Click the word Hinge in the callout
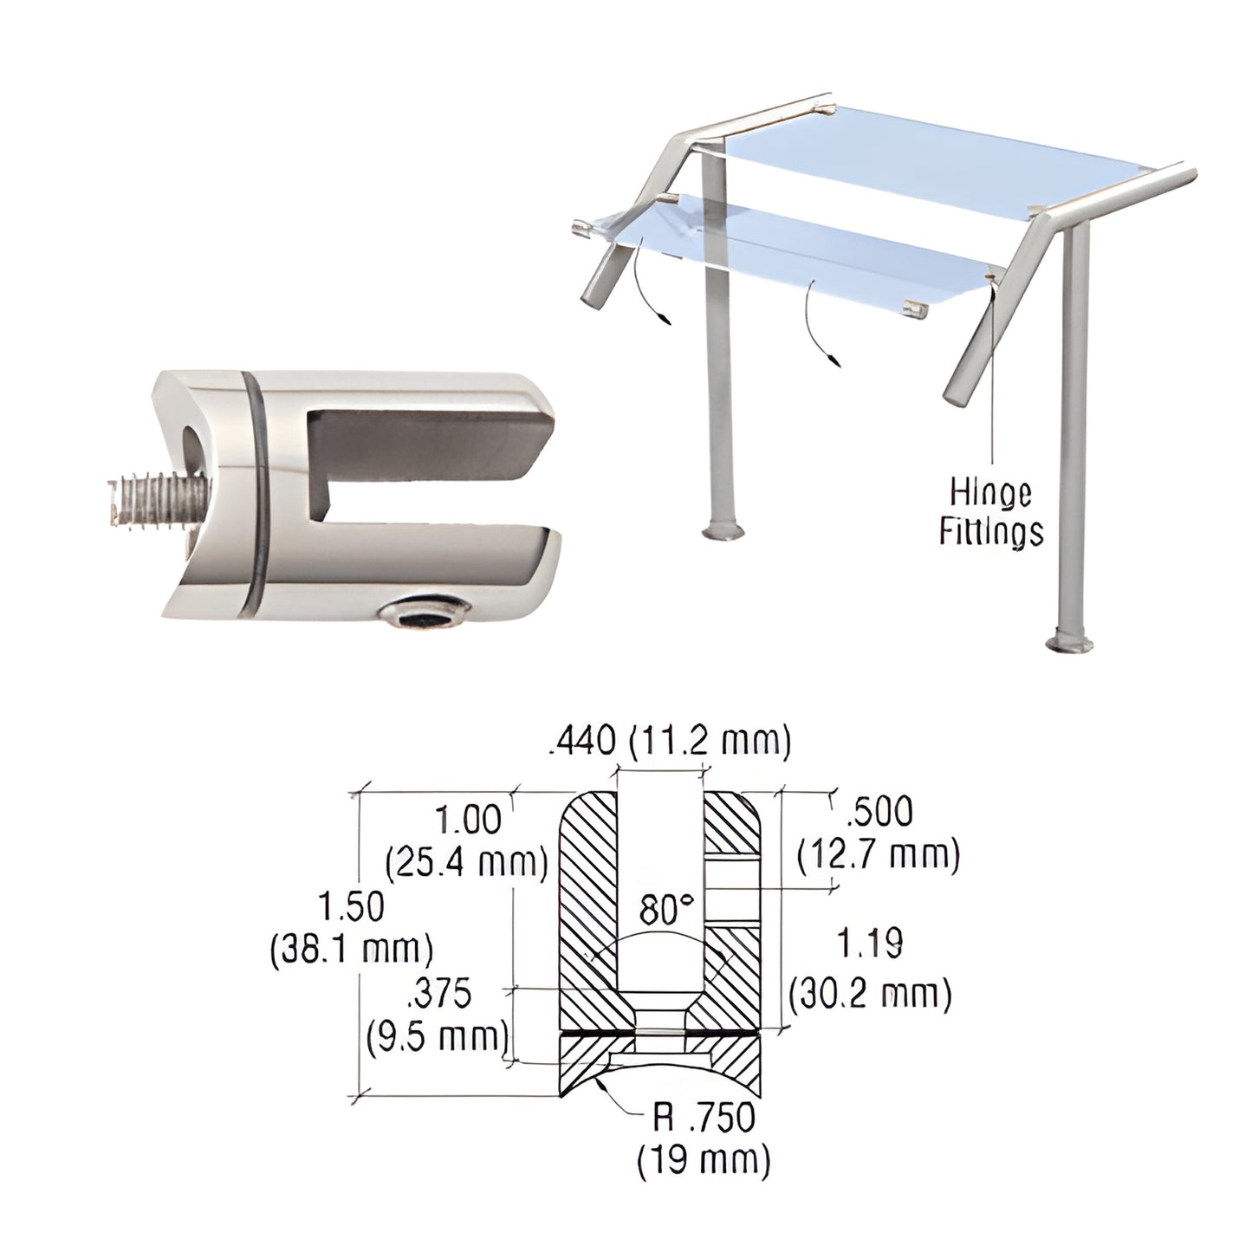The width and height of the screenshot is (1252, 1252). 990,494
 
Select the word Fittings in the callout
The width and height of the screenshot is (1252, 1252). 991,530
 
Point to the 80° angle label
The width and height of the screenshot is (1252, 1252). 666,911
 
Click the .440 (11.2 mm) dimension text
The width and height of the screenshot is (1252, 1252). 669,742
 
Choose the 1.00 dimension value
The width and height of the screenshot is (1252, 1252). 468,820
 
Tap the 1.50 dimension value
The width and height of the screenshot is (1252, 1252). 351,907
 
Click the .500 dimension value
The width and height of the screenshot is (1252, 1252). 879,812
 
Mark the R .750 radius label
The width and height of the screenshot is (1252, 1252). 704,1119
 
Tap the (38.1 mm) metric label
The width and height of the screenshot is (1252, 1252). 351,949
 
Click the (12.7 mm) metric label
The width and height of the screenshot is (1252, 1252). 879,854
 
